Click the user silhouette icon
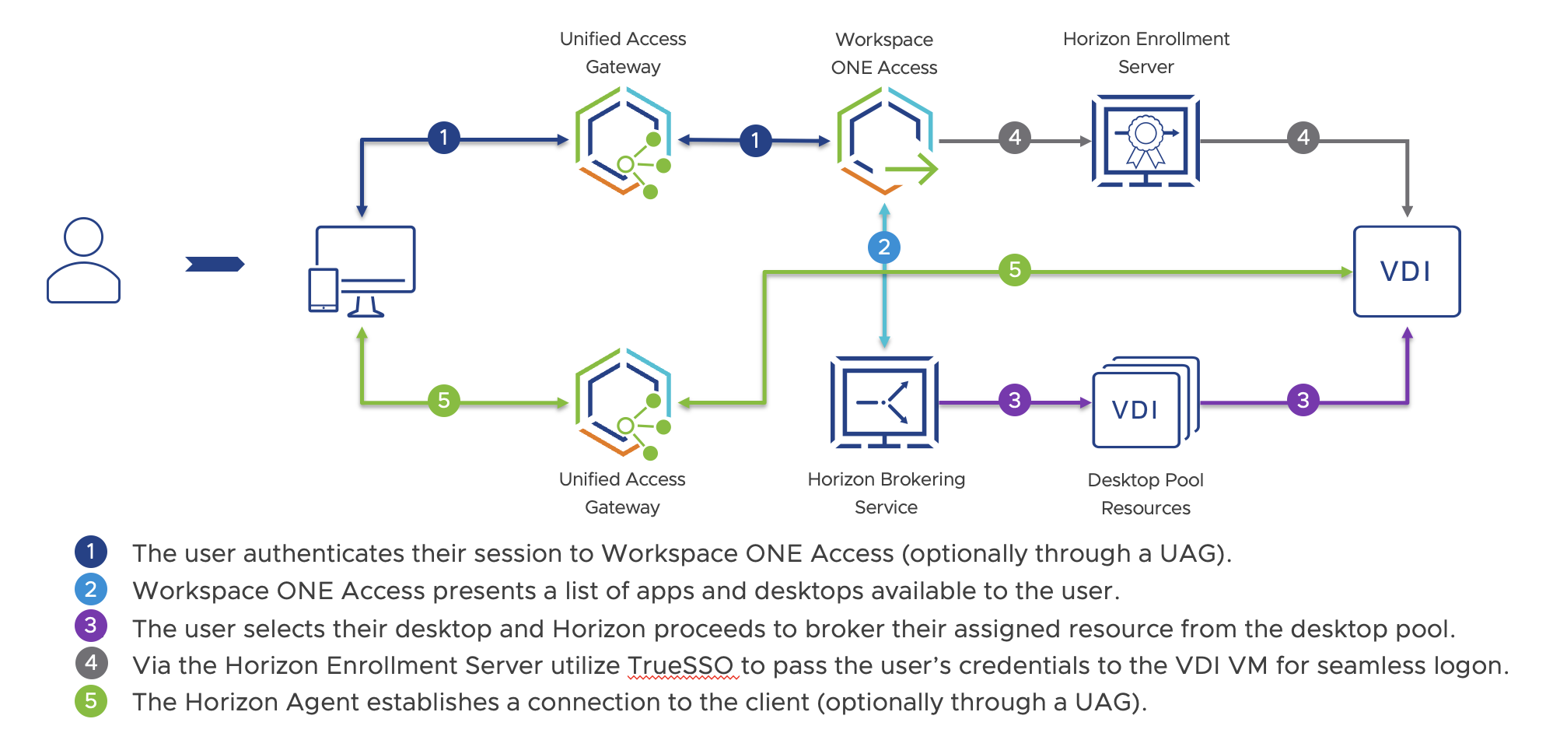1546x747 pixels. pos(83,260)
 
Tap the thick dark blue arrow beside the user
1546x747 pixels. pos(215,265)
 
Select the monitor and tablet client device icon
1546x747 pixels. pos(362,271)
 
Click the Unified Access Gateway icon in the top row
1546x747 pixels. pos(623,141)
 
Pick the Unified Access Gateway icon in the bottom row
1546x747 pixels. pos(623,402)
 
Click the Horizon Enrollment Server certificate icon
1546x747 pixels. pos(1146,140)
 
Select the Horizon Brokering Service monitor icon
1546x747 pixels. pos(885,402)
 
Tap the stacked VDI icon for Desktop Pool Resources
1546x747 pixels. pos(1145,403)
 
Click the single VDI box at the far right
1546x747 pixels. pos(1406,272)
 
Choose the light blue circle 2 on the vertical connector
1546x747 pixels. pos(884,247)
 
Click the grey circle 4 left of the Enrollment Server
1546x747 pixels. pos(1015,138)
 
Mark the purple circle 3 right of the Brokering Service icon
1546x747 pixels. pos(1015,400)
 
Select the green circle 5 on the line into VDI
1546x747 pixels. pos(1015,270)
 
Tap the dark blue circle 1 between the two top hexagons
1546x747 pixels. pos(755,141)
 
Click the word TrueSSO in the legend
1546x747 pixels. pos(680,665)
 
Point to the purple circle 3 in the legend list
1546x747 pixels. pos(91,626)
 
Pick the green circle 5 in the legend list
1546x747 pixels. pos(91,701)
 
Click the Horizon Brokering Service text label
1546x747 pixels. pos(886,493)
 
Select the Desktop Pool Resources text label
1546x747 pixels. pos(1146,494)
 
